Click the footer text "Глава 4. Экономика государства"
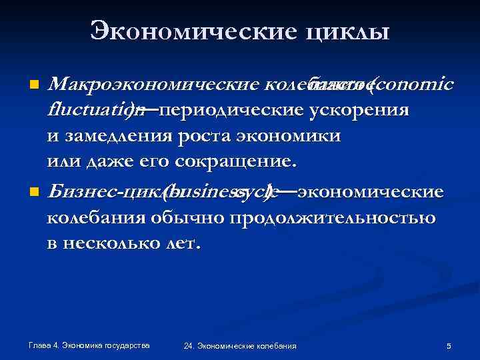tap(89, 344)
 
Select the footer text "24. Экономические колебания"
tap(240, 345)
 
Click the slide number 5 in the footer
tap(449, 345)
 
